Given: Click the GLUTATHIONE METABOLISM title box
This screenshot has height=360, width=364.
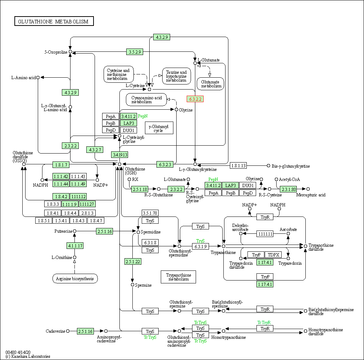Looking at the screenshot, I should click(x=54, y=22).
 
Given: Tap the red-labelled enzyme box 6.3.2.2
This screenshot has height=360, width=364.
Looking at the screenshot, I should click(x=195, y=99).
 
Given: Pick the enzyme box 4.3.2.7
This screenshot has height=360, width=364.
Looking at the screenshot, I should click(x=94, y=149).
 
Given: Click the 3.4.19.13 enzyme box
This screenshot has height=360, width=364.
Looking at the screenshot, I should click(x=119, y=155).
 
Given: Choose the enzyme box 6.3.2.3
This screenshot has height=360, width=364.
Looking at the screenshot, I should click(x=165, y=164).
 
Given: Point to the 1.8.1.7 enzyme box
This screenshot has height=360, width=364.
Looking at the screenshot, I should click(x=61, y=165).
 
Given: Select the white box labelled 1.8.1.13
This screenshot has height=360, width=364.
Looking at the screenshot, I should click(x=238, y=165).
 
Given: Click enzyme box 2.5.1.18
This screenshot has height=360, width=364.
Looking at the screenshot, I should click(x=140, y=189).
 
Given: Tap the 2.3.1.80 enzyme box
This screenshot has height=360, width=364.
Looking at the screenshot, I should click(x=288, y=189).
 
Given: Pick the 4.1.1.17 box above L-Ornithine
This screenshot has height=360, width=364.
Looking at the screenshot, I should click(x=75, y=246).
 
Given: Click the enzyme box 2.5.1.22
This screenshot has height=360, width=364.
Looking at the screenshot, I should click(x=133, y=261).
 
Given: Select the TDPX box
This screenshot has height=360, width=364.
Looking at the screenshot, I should click(x=273, y=255).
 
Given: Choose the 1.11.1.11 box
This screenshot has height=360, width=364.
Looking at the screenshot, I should click(x=265, y=234).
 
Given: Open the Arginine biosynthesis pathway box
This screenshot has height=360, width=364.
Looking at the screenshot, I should click(x=75, y=278).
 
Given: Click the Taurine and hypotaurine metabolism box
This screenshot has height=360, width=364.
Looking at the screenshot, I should click(x=176, y=76).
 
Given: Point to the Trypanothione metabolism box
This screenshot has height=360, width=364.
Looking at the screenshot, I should click(x=178, y=277).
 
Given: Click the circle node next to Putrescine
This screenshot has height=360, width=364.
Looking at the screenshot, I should click(x=75, y=231).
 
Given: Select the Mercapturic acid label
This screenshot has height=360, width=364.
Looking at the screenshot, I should click(x=311, y=195).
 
